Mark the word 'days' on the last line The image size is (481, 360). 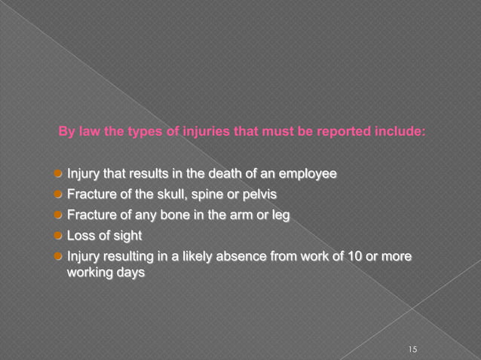pyautogui.click(x=128, y=272)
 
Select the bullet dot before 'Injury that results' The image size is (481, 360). pyautogui.click(x=58, y=175)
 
